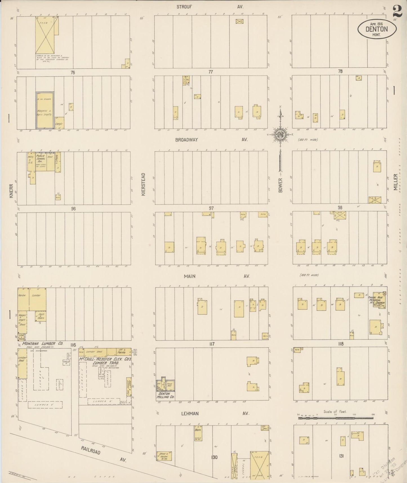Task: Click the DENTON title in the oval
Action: click(x=377, y=29)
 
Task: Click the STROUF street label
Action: click(x=184, y=6)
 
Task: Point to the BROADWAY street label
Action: click(x=186, y=140)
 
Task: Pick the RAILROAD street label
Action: click(x=90, y=450)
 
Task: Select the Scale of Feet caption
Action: click(x=335, y=411)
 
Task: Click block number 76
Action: click(x=73, y=72)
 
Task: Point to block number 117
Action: click(x=212, y=344)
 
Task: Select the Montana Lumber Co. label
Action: click(x=43, y=344)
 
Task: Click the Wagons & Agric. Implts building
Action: click(x=44, y=109)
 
